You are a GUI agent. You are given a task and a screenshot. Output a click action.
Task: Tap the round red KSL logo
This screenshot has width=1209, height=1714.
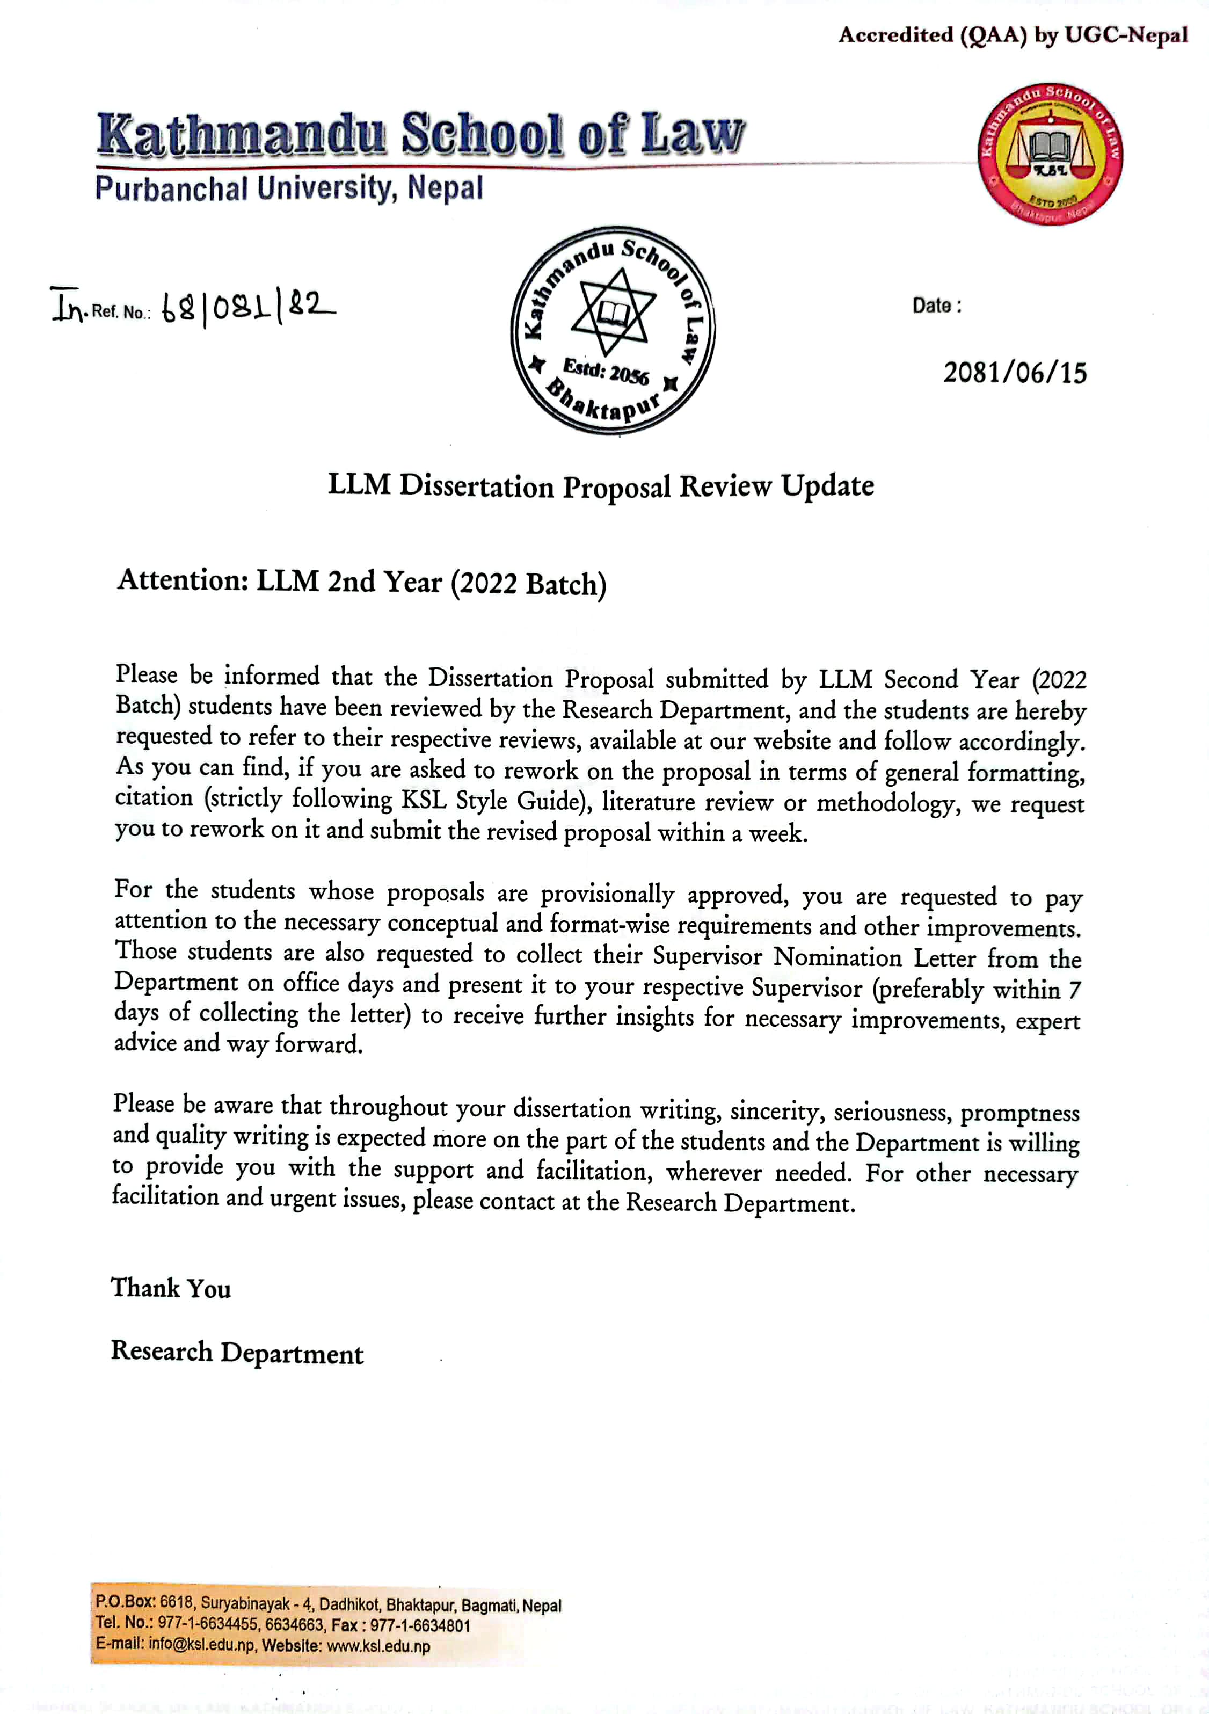(x=1050, y=155)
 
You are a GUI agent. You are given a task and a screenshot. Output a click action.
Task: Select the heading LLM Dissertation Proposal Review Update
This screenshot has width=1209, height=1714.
(x=601, y=486)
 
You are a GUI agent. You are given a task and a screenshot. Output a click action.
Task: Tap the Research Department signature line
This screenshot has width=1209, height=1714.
(x=237, y=1353)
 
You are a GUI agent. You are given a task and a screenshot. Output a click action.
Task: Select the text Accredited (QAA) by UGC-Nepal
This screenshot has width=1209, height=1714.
(x=1012, y=35)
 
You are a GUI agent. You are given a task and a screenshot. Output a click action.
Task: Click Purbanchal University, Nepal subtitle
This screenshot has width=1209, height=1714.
(x=289, y=187)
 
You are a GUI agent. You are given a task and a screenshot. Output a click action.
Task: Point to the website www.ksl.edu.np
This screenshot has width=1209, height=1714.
(x=378, y=1646)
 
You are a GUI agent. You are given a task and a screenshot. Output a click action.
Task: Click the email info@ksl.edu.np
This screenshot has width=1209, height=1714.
(x=201, y=1646)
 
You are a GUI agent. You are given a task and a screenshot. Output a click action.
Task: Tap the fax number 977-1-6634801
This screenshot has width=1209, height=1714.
(x=420, y=1625)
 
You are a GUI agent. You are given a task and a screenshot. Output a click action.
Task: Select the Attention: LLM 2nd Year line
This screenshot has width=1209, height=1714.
(x=362, y=582)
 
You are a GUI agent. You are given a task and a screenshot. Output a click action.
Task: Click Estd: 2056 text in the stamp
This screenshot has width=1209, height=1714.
(x=606, y=371)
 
